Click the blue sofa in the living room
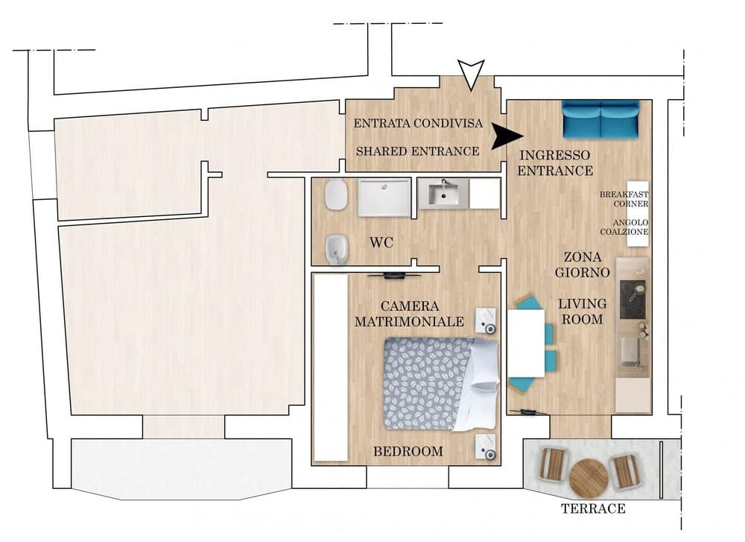(x=600, y=119)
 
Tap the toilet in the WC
(x=336, y=195)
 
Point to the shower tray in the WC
(x=384, y=198)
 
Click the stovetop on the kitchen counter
(x=633, y=300)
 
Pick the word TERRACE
(x=593, y=508)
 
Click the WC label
(x=381, y=243)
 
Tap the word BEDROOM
(x=408, y=451)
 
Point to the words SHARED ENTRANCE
(x=418, y=151)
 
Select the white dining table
(x=526, y=343)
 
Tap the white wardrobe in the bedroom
(x=331, y=367)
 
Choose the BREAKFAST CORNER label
(x=624, y=199)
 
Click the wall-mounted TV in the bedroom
(x=394, y=275)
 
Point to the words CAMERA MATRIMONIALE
(x=409, y=314)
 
